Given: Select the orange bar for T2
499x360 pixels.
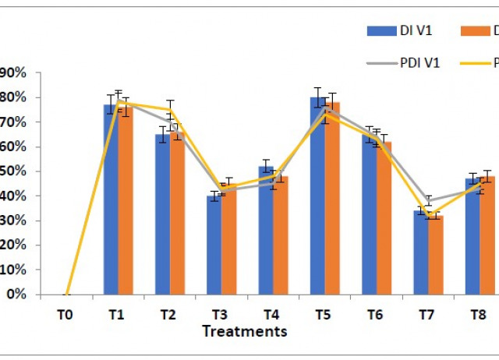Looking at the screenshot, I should pos(177,214).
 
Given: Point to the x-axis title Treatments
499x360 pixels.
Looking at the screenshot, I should pos(244,331).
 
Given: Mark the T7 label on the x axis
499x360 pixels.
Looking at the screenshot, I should pos(426,315).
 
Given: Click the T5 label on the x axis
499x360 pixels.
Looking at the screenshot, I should pos(323,315).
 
